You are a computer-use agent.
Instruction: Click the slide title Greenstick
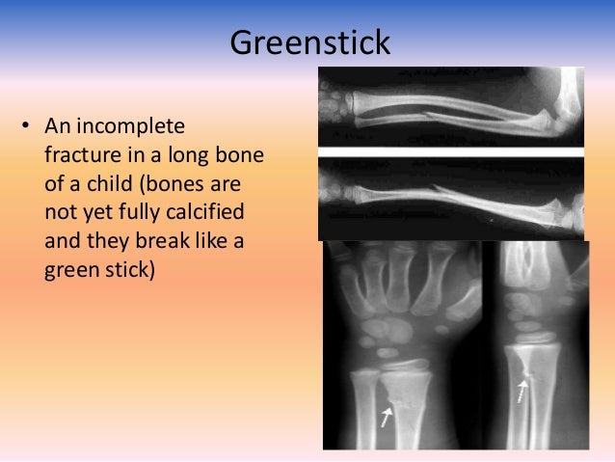click(x=307, y=42)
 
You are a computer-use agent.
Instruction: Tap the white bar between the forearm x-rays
click(x=451, y=151)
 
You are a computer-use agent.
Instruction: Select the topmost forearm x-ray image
click(x=451, y=106)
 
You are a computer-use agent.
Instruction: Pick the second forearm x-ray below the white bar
click(x=451, y=198)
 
